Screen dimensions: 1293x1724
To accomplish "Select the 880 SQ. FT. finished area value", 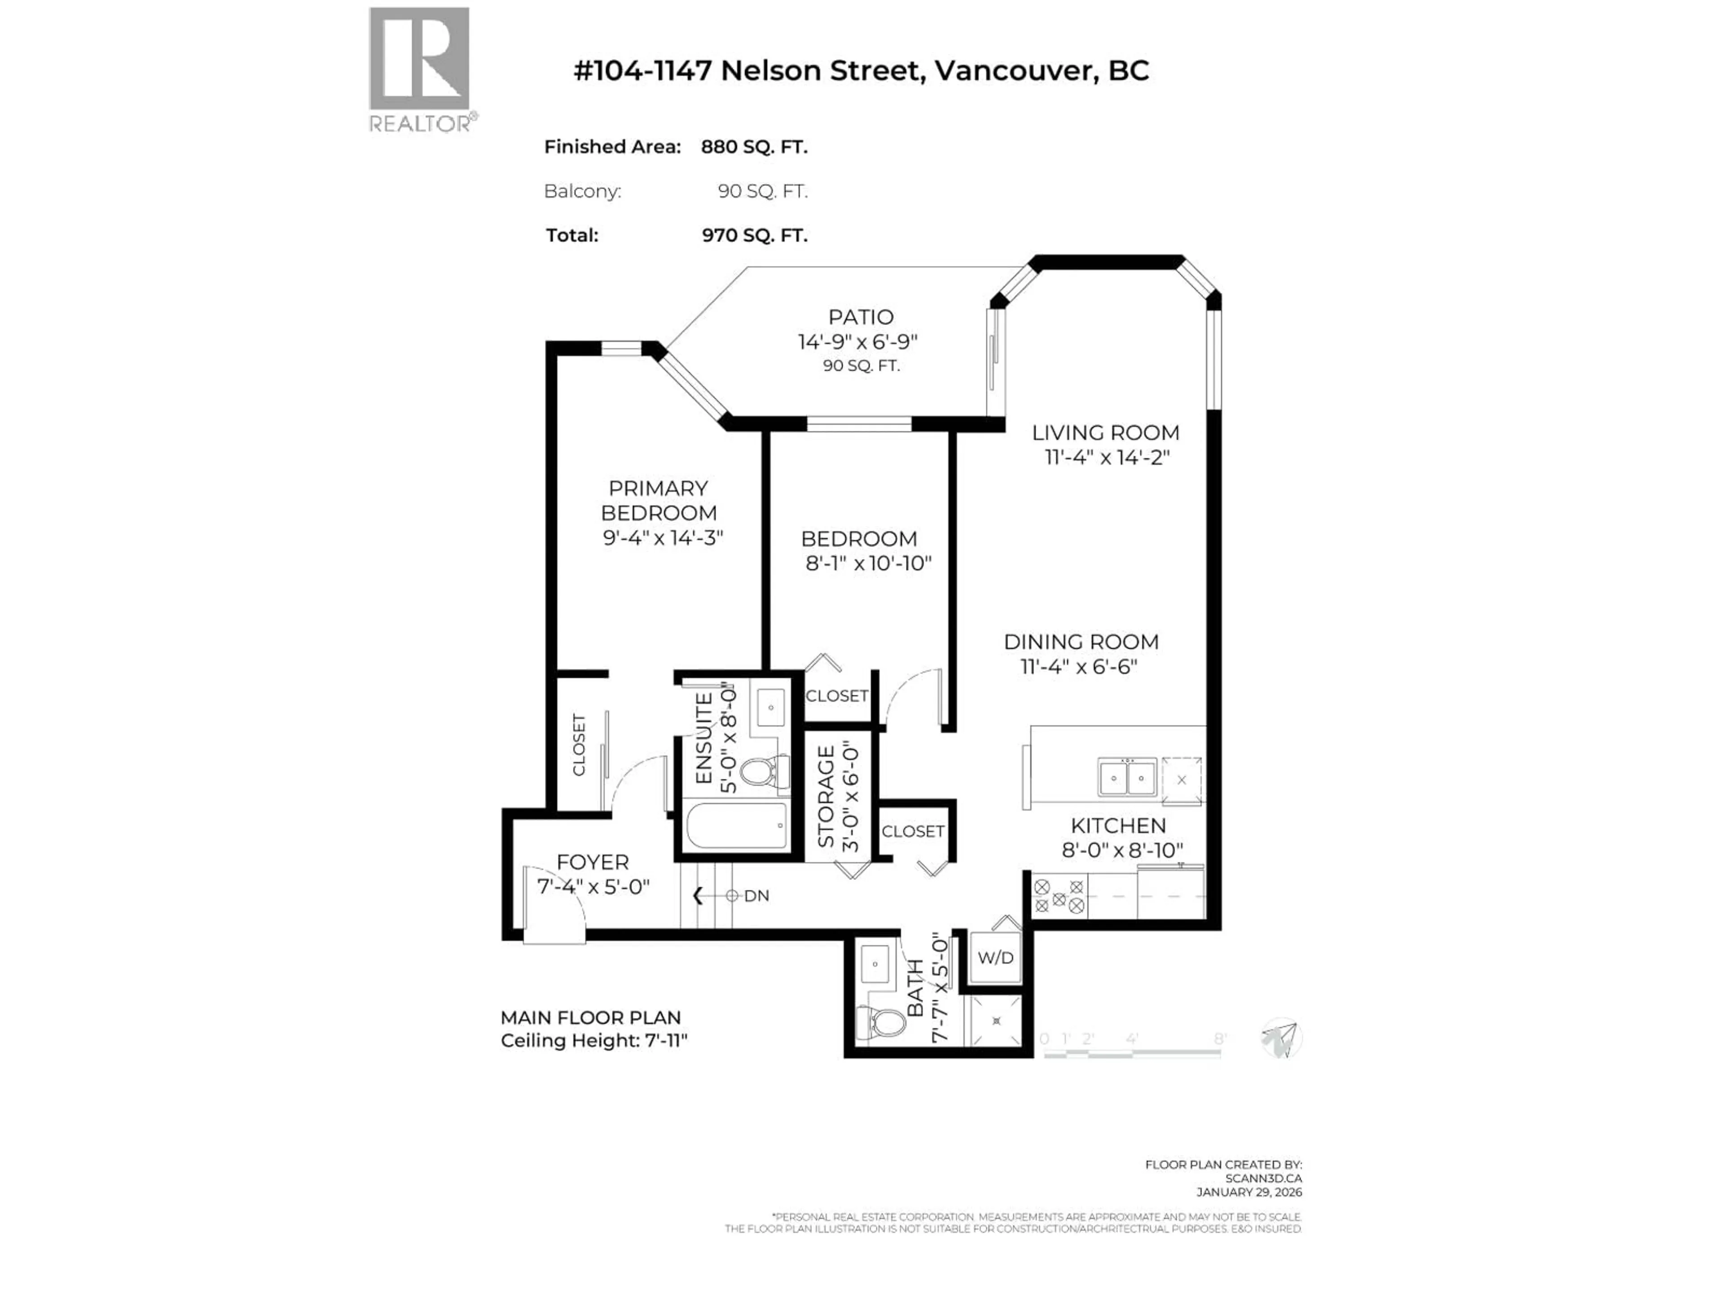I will pos(754,146).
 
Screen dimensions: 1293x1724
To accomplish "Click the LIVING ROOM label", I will pos(1105,432).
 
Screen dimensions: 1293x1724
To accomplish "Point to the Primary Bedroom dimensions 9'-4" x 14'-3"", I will pos(663,538).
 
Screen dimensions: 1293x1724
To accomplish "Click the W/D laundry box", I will pos(995,957).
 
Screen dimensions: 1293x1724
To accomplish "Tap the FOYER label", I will pos(592,862).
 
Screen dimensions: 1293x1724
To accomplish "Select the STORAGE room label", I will pos(826,796).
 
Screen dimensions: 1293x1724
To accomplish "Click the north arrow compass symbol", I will pos(1280,1038).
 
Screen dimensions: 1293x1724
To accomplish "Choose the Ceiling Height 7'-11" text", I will pos(594,1041).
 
